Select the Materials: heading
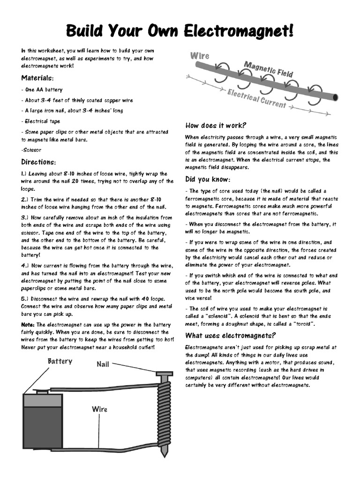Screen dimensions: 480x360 point(37,78)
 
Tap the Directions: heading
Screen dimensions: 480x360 point(38,162)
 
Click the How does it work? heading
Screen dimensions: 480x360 point(216,125)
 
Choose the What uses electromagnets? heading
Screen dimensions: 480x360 point(231,335)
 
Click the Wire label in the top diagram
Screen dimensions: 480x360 point(200,56)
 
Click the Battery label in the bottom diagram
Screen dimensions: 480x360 point(60,361)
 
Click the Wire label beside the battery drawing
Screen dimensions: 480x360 point(99,409)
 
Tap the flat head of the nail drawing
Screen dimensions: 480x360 point(164,375)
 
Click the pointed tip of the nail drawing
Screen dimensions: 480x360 point(164,454)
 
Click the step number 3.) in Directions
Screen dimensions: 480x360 point(25,217)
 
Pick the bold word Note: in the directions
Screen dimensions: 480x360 point(28,324)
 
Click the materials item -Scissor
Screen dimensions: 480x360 point(31,150)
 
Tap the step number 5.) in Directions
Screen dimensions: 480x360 point(25,298)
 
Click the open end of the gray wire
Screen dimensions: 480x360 point(335,97)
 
